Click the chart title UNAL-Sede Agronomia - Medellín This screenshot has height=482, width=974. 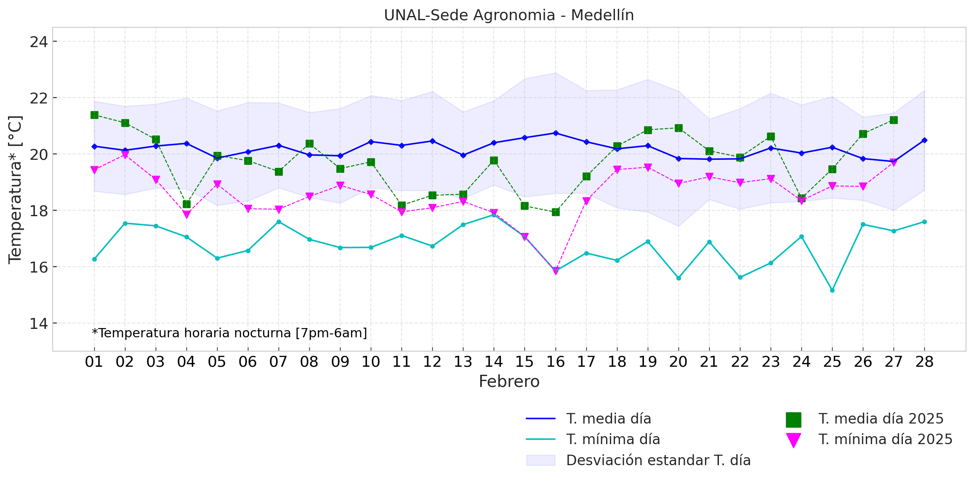[508, 15]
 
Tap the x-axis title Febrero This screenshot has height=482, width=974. [509, 381]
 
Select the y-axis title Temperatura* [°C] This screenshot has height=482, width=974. [15, 190]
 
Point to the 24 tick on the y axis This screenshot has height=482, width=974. [38, 42]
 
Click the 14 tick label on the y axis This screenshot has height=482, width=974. [38, 323]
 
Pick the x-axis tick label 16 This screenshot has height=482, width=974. [555, 362]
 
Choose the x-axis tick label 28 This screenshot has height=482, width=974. [924, 362]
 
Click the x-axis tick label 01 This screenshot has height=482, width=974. [94, 362]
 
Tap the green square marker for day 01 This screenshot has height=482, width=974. [94, 115]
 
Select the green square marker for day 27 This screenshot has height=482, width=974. [894, 120]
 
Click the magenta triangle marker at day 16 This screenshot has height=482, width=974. [556, 271]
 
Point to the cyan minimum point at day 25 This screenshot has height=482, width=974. [832, 290]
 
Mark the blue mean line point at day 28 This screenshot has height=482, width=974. [924, 140]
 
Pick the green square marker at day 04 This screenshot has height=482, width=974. [186, 204]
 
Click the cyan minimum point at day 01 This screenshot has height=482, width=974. [94, 259]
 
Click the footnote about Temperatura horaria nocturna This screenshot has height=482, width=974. [229, 333]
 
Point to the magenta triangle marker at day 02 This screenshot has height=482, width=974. [125, 155]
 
